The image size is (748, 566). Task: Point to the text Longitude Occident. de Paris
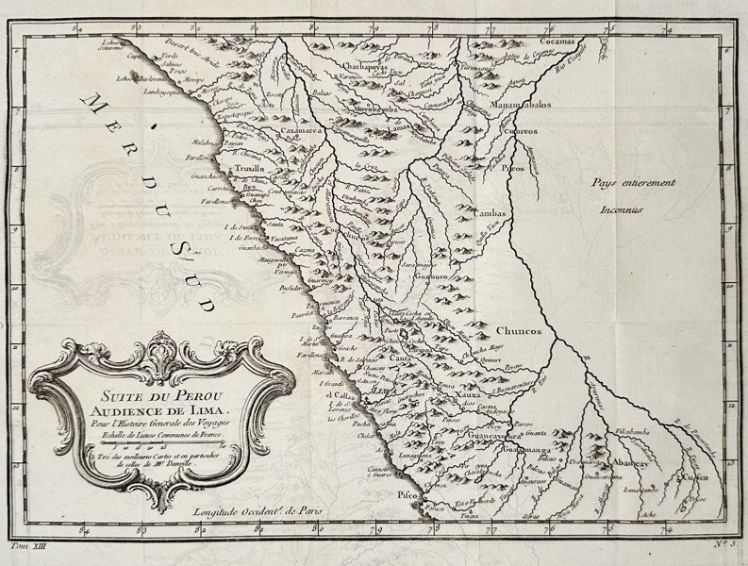255,511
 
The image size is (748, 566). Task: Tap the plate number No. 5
720,544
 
